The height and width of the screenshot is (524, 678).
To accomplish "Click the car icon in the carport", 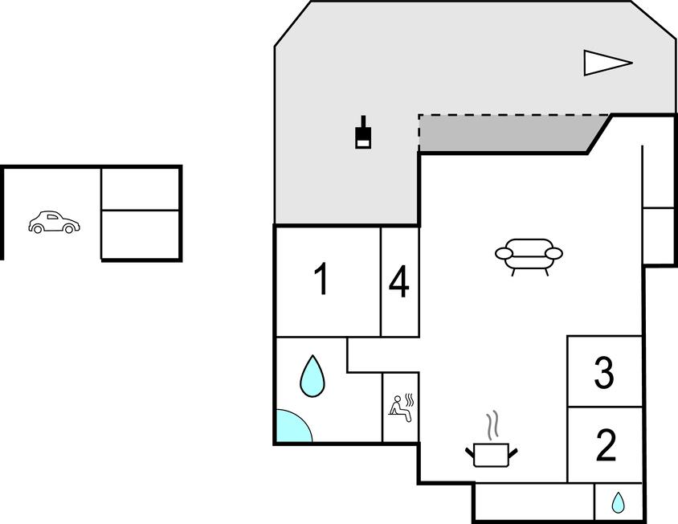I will click(54, 223).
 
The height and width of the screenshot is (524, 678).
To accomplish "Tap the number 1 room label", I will click(321, 280).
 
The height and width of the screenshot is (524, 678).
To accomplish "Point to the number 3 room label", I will click(604, 372).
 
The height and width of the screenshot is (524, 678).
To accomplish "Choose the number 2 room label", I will click(606, 445).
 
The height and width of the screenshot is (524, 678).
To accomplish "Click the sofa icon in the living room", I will click(529, 256).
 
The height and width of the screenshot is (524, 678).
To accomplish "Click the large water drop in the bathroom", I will click(312, 376).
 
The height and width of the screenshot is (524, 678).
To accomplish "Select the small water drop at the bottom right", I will click(618, 503).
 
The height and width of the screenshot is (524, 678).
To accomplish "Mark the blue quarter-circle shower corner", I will click(289, 428).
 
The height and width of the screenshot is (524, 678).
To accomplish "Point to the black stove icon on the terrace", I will click(364, 134).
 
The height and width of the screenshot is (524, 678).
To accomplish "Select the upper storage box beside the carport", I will click(140, 189).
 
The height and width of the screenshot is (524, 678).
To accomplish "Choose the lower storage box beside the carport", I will click(140, 234).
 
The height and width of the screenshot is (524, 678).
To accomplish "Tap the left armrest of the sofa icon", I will click(504, 254).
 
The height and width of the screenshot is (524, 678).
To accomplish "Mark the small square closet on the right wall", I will click(659, 235).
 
